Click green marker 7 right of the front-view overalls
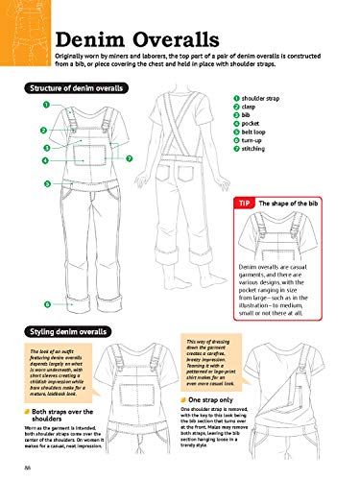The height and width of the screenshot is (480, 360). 129,157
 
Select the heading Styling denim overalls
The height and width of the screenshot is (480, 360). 60,330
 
